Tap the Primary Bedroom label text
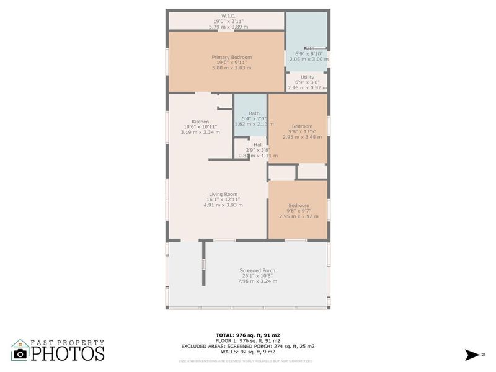[x=232, y=57]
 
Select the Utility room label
[x=308, y=77]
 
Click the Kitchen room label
[x=200, y=122]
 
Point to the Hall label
[x=258, y=144]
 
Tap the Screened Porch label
[x=257, y=270]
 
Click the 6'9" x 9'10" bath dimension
[x=308, y=54]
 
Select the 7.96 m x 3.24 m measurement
[x=257, y=281]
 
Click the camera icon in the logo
[x=20, y=353]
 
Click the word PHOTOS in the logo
[x=68, y=353]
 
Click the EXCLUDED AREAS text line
[x=248, y=346]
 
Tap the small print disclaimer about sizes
[x=246, y=361]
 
